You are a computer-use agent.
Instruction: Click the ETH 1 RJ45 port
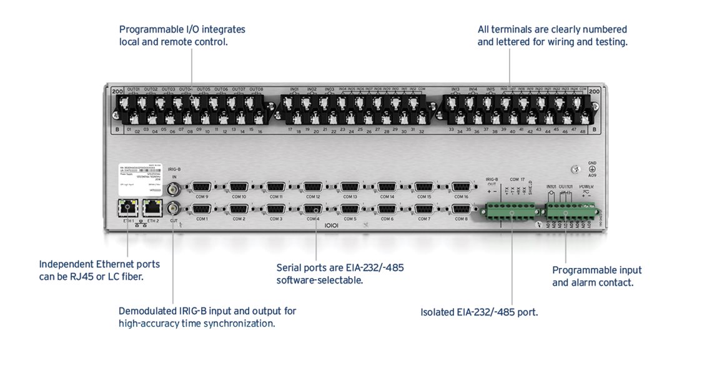tap(128, 207)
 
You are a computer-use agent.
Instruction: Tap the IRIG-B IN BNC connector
tap(175, 186)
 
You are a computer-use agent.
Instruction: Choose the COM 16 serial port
tap(461, 186)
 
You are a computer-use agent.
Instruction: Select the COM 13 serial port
tap(350, 186)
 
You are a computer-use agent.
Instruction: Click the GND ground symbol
tap(592, 169)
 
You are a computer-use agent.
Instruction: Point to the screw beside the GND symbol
tap(573, 169)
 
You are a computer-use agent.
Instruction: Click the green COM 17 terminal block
tap(512, 214)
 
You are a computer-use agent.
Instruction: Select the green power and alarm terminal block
tap(570, 213)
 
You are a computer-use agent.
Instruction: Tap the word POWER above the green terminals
tap(586, 187)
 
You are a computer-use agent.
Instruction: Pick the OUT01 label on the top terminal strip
tap(134, 89)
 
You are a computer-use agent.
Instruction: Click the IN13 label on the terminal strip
tap(455, 89)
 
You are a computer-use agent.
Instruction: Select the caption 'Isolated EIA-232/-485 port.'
tap(479, 312)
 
